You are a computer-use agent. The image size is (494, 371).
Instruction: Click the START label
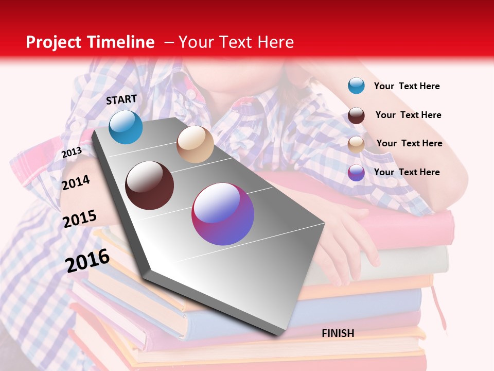tap(121, 99)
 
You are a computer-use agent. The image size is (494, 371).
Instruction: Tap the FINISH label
tap(338, 333)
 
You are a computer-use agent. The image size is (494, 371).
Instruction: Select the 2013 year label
tap(72, 152)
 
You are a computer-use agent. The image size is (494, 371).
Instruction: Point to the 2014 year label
tap(76, 182)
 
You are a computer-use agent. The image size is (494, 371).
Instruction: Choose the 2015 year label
tap(80, 219)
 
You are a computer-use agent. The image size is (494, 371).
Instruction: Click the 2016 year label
tap(87, 260)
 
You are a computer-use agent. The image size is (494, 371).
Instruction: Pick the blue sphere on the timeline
tap(126, 127)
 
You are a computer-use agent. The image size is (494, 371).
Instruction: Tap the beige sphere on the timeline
tap(195, 144)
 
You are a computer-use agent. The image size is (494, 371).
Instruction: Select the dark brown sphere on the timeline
tap(149, 185)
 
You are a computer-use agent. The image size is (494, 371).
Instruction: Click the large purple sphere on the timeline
tap(223, 214)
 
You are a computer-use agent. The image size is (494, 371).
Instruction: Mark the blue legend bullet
tap(356, 86)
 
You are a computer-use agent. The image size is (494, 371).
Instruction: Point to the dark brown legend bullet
tap(356, 115)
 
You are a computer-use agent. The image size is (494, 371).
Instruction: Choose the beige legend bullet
tap(356, 144)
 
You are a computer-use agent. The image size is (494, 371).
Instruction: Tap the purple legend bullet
tap(356, 173)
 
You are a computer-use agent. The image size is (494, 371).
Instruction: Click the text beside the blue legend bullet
tap(407, 86)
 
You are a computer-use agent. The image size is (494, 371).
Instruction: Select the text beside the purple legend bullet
tap(407, 172)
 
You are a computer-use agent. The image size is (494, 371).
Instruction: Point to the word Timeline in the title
tap(121, 42)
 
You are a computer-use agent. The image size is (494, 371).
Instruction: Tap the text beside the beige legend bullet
tap(409, 143)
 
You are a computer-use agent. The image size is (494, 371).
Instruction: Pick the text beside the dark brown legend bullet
tap(408, 115)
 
